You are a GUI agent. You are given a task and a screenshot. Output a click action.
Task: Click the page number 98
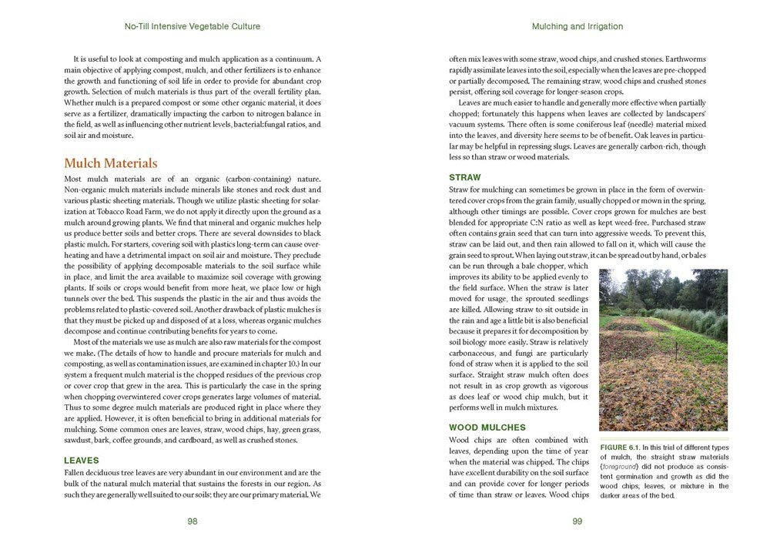pos(192,521)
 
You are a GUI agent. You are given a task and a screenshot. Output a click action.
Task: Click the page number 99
pos(577,521)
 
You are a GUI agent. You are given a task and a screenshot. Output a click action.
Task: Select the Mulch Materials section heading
pos(110,163)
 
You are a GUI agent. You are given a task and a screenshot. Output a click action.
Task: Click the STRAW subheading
pos(464,177)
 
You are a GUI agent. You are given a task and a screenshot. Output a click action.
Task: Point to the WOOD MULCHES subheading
pos(487,427)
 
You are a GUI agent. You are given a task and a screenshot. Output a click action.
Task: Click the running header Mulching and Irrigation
pos(577,26)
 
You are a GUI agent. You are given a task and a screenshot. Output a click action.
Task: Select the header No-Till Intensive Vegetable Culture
pos(192,26)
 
